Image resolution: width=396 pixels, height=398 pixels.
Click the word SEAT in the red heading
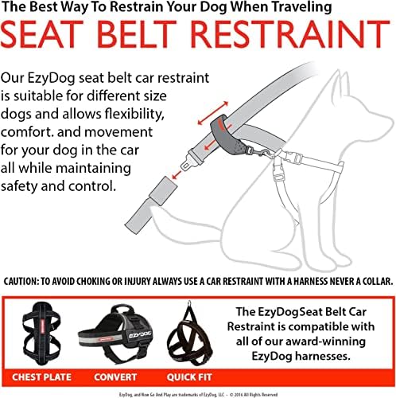click(42, 34)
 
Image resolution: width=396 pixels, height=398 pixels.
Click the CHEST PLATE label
click(41, 377)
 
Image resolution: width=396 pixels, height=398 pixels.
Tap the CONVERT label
click(115, 377)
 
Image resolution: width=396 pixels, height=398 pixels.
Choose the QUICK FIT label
click(189, 377)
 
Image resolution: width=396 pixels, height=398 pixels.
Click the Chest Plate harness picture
click(41, 334)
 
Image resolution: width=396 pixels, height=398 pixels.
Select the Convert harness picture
click(116, 335)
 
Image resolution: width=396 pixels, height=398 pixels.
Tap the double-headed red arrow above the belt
click(213, 113)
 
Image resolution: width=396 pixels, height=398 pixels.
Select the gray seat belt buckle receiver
click(163, 190)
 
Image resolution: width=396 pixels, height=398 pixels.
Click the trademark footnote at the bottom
click(198, 395)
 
